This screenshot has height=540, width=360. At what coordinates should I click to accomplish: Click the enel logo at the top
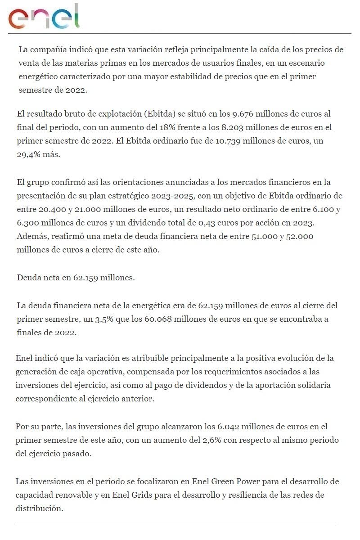point(44,17)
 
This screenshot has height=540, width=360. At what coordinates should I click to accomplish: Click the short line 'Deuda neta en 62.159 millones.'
point(76,278)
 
